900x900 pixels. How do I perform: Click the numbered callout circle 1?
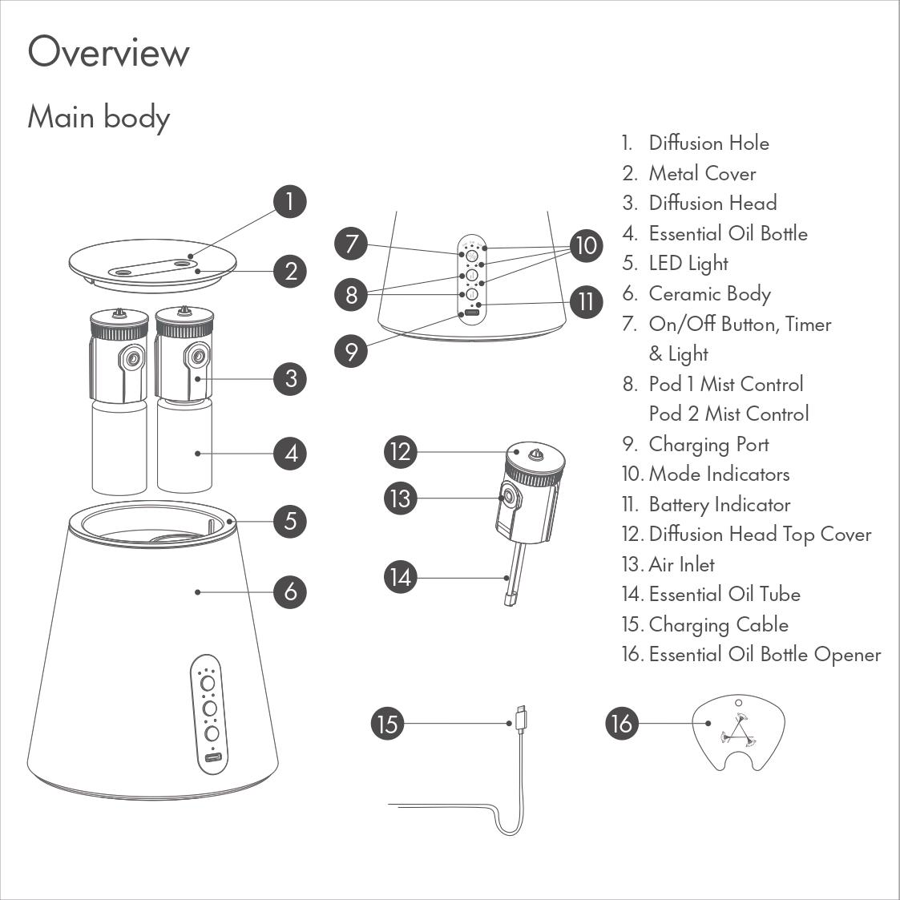(290, 201)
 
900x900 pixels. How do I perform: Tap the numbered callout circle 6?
(290, 591)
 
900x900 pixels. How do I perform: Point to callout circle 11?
(586, 302)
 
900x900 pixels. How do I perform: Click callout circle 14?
(401, 577)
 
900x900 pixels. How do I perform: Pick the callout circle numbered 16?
(622, 723)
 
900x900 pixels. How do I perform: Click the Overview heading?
(108, 51)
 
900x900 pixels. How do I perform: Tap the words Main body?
(99, 117)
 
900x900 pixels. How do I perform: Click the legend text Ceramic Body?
(709, 294)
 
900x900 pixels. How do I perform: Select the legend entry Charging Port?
(709, 444)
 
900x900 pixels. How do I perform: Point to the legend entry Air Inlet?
(681, 564)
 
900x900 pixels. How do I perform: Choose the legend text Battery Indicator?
(720, 505)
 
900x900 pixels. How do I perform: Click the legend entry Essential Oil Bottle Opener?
(765, 654)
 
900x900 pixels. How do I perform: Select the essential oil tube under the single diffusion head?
(515, 575)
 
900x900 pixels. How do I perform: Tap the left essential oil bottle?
(119, 446)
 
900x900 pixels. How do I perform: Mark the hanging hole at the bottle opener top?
(739, 703)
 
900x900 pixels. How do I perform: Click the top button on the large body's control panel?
(208, 683)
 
